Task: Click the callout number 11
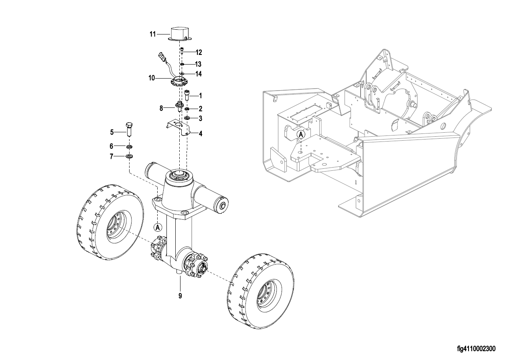point(152,34)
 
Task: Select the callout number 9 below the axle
point(180,296)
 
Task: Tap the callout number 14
point(199,74)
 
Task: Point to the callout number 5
point(112,132)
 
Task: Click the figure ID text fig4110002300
point(476,349)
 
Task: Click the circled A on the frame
point(301,135)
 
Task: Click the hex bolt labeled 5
point(129,129)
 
